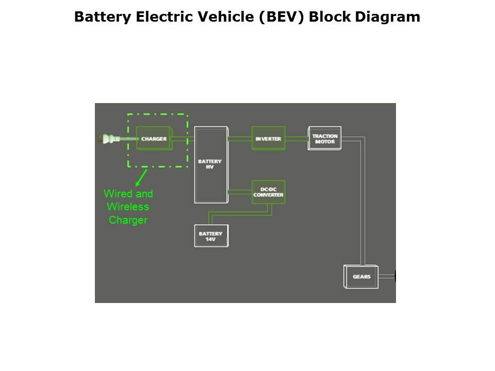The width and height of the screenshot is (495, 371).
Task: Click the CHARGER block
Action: pyautogui.click(x=154, y=139)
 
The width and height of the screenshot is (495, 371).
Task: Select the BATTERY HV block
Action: pyautogui.click(x=210, y=164)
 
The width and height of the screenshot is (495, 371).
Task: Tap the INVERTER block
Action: pyautogui.click(x=268, y=138)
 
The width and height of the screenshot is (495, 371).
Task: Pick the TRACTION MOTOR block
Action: pyautogui.click(x=324, y=138)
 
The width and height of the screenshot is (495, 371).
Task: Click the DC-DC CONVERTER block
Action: pyautogui.click(x=268, y=192)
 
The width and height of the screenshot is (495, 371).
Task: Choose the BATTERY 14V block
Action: pyautogui.click(x=211, y=236)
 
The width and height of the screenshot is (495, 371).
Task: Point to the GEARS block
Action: pyautogui.click(x=361, y=277)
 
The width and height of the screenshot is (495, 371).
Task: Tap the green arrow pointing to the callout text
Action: pyautogui.click(x=141, y=178)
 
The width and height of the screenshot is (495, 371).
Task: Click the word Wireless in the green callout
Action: pyautogui.click(x=128, y=207)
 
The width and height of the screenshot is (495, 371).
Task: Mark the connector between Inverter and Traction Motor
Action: pyautogui.click(x=296, y=138)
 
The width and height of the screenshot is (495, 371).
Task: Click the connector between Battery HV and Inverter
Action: pyautogui.click(x=240, y=138)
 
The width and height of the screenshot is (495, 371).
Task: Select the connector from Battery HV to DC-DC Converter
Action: pyautogui.click(x=240, y=192)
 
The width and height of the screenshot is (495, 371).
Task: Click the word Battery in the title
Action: pyautogui.click(x=100, y=17)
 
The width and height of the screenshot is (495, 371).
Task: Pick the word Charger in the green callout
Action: pyautogui.click(x=128, y=221)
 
